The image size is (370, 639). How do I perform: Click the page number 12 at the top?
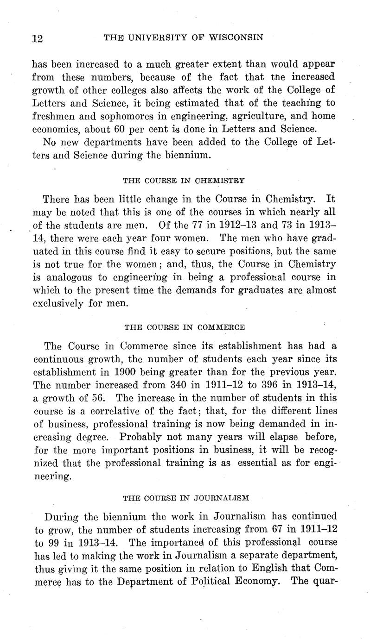point(38,38)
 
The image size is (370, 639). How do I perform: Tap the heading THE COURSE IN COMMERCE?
point(185,326)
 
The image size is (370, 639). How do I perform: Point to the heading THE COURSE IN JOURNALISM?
point(185,498)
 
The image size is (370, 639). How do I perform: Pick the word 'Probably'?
point(140,437)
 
